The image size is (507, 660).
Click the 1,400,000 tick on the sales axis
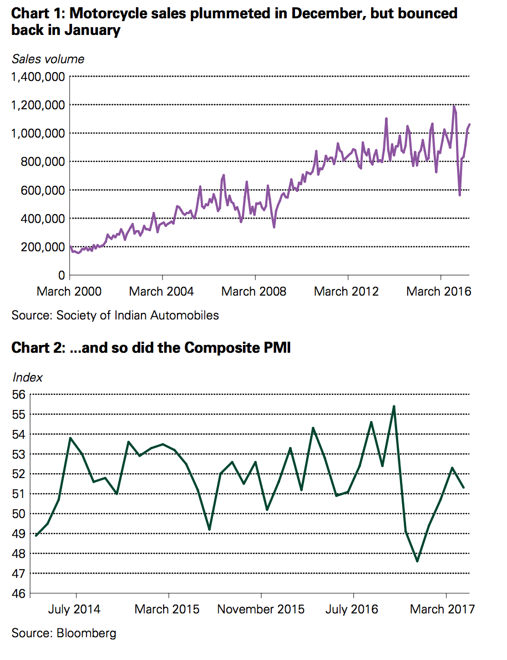pyautogui.click(x=38, y=77)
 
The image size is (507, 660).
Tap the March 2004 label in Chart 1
pyautogui.click(x=161, y=291)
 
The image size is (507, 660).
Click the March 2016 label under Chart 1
pyautogui.click(x=439, y=291)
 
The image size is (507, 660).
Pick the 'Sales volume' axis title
pyautogui.click(x=48, y=59)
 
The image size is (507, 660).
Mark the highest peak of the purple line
pyautogui.click(x=454, y=106)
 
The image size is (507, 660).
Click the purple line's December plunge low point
pyautogui.click(x=460, y=195)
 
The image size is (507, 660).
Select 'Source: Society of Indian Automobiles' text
pyautogui.click(x=115, y=316)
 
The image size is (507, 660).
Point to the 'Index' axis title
pyautogui.click(x=27, y=378)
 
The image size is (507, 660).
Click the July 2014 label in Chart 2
pyautogui.click(x=74, y=609)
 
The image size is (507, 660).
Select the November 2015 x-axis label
pyautogui.click(x=261, y=609)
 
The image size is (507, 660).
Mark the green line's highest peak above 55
pyautogui.click(x=393, y=407)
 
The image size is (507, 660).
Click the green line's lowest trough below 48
pyautogui.click(x=417, y=561)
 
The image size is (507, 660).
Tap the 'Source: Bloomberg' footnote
pyautogui.click(x=64, y=633)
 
